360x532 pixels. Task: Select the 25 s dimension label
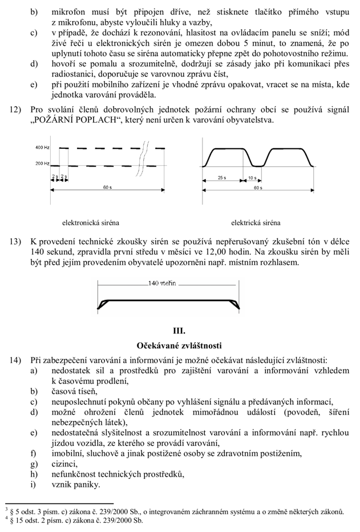point(221,178)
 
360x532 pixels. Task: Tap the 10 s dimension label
point(252,178)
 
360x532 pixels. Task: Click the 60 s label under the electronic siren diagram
point(107,188)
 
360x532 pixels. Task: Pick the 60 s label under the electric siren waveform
point(258,188)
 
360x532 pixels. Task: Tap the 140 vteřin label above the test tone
point(161,283)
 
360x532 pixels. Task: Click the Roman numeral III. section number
point(179,330)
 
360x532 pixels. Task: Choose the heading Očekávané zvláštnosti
point(179,345)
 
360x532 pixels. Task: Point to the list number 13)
point(17,241)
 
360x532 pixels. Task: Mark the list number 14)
point(17,360)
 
